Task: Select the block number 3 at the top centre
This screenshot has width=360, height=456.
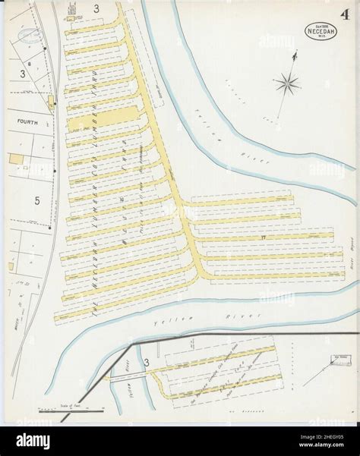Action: coord(96,10)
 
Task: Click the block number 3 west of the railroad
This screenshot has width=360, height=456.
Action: coord(24,74)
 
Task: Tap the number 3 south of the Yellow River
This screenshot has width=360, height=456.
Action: coord(146,373)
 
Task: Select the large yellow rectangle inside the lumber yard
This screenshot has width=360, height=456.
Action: coord(102,116)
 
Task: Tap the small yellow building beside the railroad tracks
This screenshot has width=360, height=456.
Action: coord(52,100)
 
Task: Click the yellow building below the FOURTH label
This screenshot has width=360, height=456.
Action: coord(16,158)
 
